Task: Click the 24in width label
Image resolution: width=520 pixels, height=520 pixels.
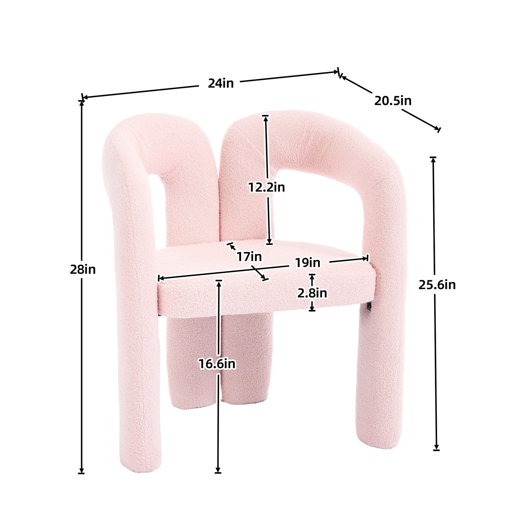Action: pyautogui.click(x=221, y=83)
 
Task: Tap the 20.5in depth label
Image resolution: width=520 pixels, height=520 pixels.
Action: pyautogui.click(x=393, y=101)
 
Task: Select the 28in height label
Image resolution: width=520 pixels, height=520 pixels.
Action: pyautogui.click(x=83, y=269)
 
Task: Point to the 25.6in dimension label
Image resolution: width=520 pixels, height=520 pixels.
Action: pyautogui.click(x=437, y=285)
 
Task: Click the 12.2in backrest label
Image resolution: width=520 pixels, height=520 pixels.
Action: pyautogui.click(x=267, y=187)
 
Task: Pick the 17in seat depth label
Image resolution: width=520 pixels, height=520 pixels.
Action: pyautogui.click(x=249, y=256)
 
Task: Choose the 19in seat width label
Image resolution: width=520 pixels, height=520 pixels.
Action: pyautogui.click(x=307, y=263)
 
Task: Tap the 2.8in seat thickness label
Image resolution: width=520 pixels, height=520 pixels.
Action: pyautogui.click(x=312, y=293)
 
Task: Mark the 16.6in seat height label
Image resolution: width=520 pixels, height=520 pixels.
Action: pyautogui.click(x=217, y=364)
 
